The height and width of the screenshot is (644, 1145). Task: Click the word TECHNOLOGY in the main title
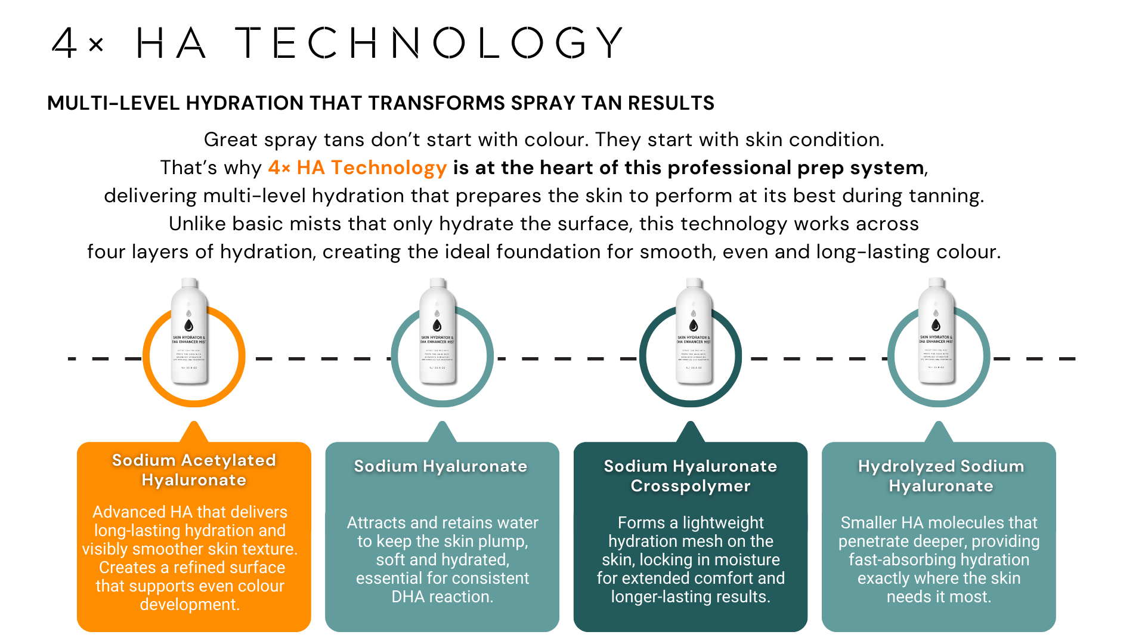pyautogui.click(x=429, y=43)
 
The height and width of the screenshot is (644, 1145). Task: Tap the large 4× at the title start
pyautogui.click(x=78, y=43)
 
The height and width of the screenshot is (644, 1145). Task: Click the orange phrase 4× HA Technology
pyautogui.click(x=357, y=168)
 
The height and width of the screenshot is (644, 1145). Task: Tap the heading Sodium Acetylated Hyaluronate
pyautogui.click(x=194, y=470)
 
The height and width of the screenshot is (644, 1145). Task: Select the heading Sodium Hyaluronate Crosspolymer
pyautogui.click(x=691, y=476)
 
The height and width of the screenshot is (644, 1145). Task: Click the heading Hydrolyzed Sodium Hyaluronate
pyautogui.click(x=940, y=476)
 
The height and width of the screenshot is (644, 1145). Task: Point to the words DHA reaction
pyautogui.click(x=442, y=597)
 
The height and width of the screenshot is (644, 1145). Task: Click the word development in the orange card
pyautogui.click(x=190, y=605)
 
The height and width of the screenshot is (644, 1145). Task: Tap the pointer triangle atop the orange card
pyautogui.click(x=194, y=432)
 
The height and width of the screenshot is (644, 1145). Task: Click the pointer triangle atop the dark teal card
pyautogui.click(x=691, y=432)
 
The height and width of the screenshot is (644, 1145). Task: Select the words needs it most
pyautogui.click(x=939, y=597)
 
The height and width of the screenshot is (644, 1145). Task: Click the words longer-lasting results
pyautogui.click(x=691, y=597)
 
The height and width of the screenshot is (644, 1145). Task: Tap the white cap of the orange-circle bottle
pyautogui.click(x=189, y=283)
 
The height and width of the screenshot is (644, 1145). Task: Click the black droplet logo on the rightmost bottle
pyautogui.click(x=936, y=325)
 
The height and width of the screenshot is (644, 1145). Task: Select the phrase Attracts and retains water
pyautogui.click(x=442, y=523)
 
